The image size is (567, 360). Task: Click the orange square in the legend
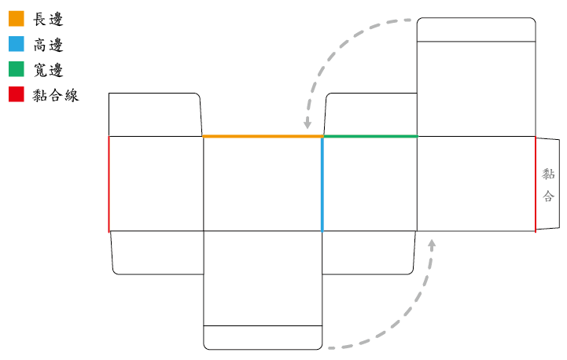coord(17,19)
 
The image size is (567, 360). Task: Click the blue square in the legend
coord(17,44)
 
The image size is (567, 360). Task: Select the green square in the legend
coord(17,69)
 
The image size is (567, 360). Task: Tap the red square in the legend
coord(17,94)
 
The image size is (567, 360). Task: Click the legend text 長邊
coord(48,19)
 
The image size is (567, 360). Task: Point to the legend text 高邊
coord(48,45)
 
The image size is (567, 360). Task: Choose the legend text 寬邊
coord(48,70)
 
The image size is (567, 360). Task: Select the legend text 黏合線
coord(56,95)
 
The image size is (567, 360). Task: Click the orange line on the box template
coord(263,136)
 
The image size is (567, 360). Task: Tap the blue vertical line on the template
coord(322,184)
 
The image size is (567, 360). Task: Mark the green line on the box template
coord(370,136)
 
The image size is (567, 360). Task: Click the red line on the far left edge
coord(109,184)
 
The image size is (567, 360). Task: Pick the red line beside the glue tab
coord(536,185)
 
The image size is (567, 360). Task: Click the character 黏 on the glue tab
coord(548,174)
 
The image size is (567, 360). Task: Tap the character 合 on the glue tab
coord(548,196)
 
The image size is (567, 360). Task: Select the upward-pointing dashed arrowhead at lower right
coord(432,244)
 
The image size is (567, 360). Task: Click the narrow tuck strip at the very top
coord(477,30)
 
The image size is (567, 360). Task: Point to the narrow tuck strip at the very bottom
coord(263,337)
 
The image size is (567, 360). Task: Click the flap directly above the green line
coord(370,115)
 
